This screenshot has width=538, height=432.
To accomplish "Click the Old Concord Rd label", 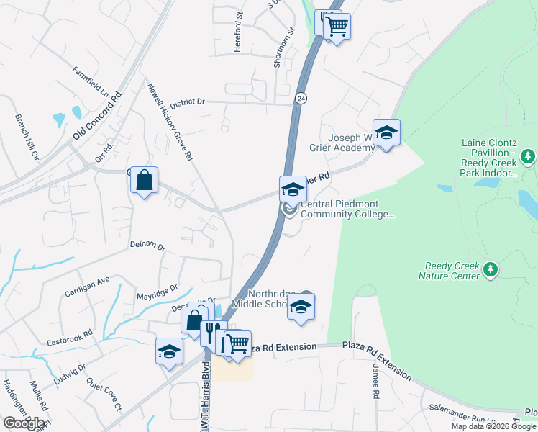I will coord(97,115).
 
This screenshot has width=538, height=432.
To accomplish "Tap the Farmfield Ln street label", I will coord(90,83).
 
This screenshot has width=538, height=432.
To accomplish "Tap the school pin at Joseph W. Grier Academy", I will coord(386,132).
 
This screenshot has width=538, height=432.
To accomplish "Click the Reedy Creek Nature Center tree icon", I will coord(491,269).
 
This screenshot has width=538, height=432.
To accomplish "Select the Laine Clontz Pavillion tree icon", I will coord(528,156).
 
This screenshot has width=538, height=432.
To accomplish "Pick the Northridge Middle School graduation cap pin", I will coord(301,306).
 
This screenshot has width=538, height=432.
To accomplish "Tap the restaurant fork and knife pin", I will coord(213,332).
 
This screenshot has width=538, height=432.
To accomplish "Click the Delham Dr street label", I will coord(147,246).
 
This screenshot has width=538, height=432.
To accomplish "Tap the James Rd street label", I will coord(375,381).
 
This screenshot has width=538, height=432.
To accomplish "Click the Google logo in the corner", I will coord(24,423).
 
